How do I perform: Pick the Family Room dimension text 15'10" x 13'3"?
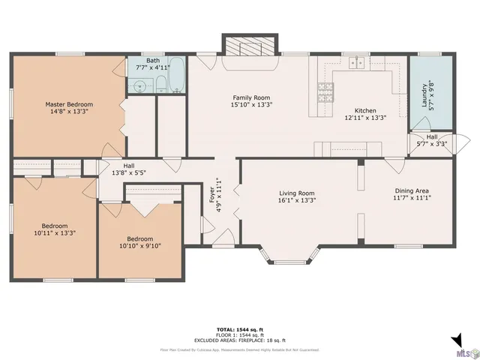251,105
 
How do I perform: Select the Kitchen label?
365,110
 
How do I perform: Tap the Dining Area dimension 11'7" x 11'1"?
413,199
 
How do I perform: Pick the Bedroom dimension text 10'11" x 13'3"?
55,233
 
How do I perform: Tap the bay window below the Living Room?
286,256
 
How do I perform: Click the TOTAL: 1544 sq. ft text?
239,329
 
